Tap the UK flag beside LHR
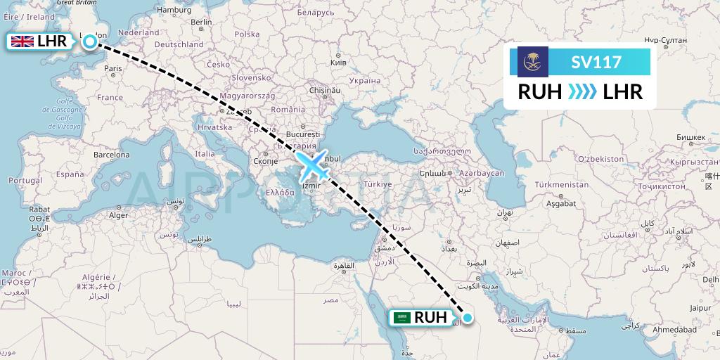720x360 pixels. pyautogui.click(x=22, y=41)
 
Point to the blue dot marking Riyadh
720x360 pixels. pyautogui.click(x=468, y=317)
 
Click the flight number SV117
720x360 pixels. pyautogui.click(x=596, y=62)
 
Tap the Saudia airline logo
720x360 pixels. pyautogui.click(x=532, y=62)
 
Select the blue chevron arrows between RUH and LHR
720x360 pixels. pyautogui.click(x=582, y=91)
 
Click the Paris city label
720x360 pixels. pyautogui.click(x=113, y=69)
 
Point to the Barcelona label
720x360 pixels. pyautogui.click(x=111, y=154)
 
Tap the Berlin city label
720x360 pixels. pyautogui.click(x=201, y=22)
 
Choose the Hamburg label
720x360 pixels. pyautogui.click(x=175, y=10)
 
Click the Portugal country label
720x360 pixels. pyautogui.click(x=27, y=181)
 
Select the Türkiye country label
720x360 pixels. pyautogui.click(x=377, y=184)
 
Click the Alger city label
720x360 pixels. pyautogui.click(x=119, y=216)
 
